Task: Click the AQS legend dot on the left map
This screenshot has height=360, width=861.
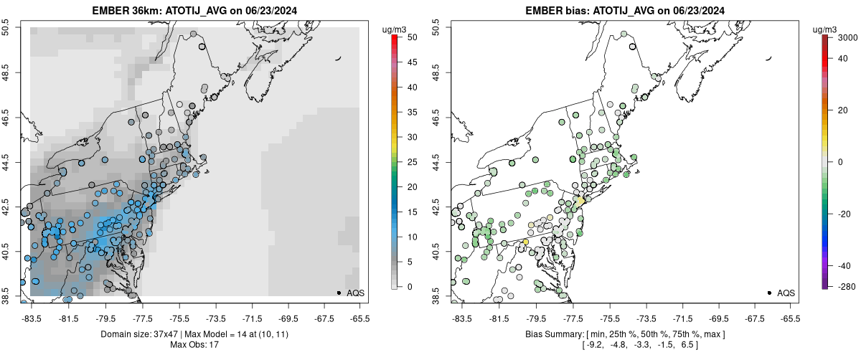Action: pos(339,293)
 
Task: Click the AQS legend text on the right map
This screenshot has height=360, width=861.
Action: pos(786,293)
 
